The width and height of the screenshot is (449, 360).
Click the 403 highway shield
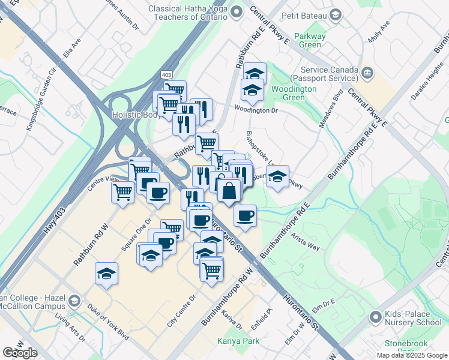pyautogui.click(x=166, y=73)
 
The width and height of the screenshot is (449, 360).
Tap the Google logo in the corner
pyautogui.click(x=20, y=353)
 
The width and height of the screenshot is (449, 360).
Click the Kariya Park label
pyautogui.click(x=234, y=341)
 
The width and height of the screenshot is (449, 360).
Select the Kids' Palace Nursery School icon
pyautogui.click(x=375, y=316)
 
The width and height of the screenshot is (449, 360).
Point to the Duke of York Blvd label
pyautogui.click(x=107, y=320)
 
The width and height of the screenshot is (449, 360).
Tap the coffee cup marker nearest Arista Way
pyautogui.click(x=244, y=215)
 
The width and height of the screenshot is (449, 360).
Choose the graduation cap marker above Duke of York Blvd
pyautogui.click(x=106, y=274)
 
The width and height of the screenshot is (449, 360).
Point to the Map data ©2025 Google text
pyautogui.click(x=411, y=355)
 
